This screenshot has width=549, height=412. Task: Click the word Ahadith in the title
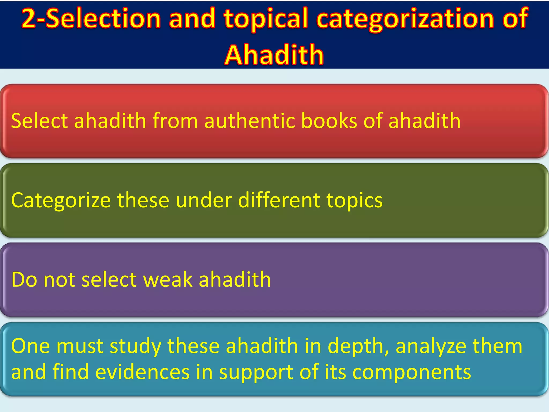(x=274, y=55)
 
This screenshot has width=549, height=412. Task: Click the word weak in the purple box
(x=168, y=279)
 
